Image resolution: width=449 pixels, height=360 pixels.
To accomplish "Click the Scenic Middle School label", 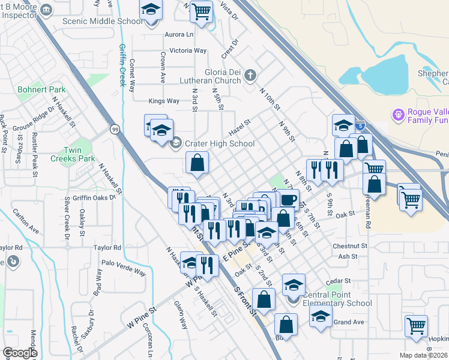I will pyautogui.click(x=103, y=21).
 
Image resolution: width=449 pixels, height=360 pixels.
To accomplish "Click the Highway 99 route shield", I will pyautogui.click(x=114, y=128).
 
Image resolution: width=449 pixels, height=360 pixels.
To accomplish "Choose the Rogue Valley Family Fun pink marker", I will pyautogui.click(x=396, y=114).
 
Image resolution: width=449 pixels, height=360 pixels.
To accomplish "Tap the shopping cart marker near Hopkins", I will pyautogui.click(x=416, y=326).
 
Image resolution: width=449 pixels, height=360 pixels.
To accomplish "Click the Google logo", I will pyautogui.click(x=20, y=353).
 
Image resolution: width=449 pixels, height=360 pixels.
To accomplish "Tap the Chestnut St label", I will pyautogui.click(x=349, y=246).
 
